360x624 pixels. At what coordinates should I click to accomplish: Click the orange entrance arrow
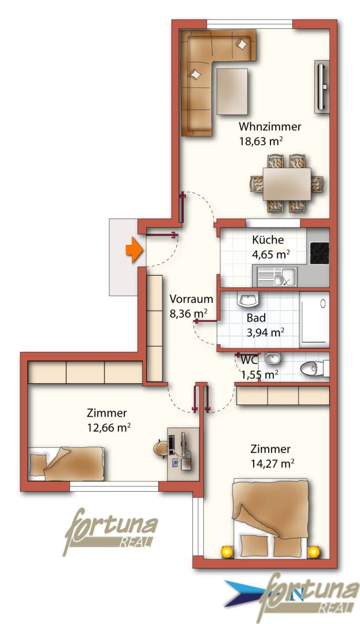click(134, 250)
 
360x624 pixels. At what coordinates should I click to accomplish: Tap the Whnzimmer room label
click(270, 127)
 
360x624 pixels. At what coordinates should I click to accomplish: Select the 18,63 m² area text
click(261, 142)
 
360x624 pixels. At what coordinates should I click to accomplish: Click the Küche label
click(268, 240)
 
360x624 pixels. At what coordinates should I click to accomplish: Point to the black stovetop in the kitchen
click(319, 253)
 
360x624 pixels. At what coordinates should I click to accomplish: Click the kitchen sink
click(277, 277)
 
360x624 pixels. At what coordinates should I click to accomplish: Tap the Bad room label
click(256, 318)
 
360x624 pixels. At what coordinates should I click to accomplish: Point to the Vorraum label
click(191, 299)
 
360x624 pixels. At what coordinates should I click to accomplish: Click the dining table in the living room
click(287, 184)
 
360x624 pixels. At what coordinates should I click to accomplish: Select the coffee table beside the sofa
click(232, 91)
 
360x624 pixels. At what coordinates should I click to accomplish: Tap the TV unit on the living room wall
click(322, 87)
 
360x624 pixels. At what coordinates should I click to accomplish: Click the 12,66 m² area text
click(109, 428)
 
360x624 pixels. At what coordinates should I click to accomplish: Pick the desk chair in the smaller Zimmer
click(161, 449)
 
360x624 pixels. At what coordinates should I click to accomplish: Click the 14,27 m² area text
click(273, 463)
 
